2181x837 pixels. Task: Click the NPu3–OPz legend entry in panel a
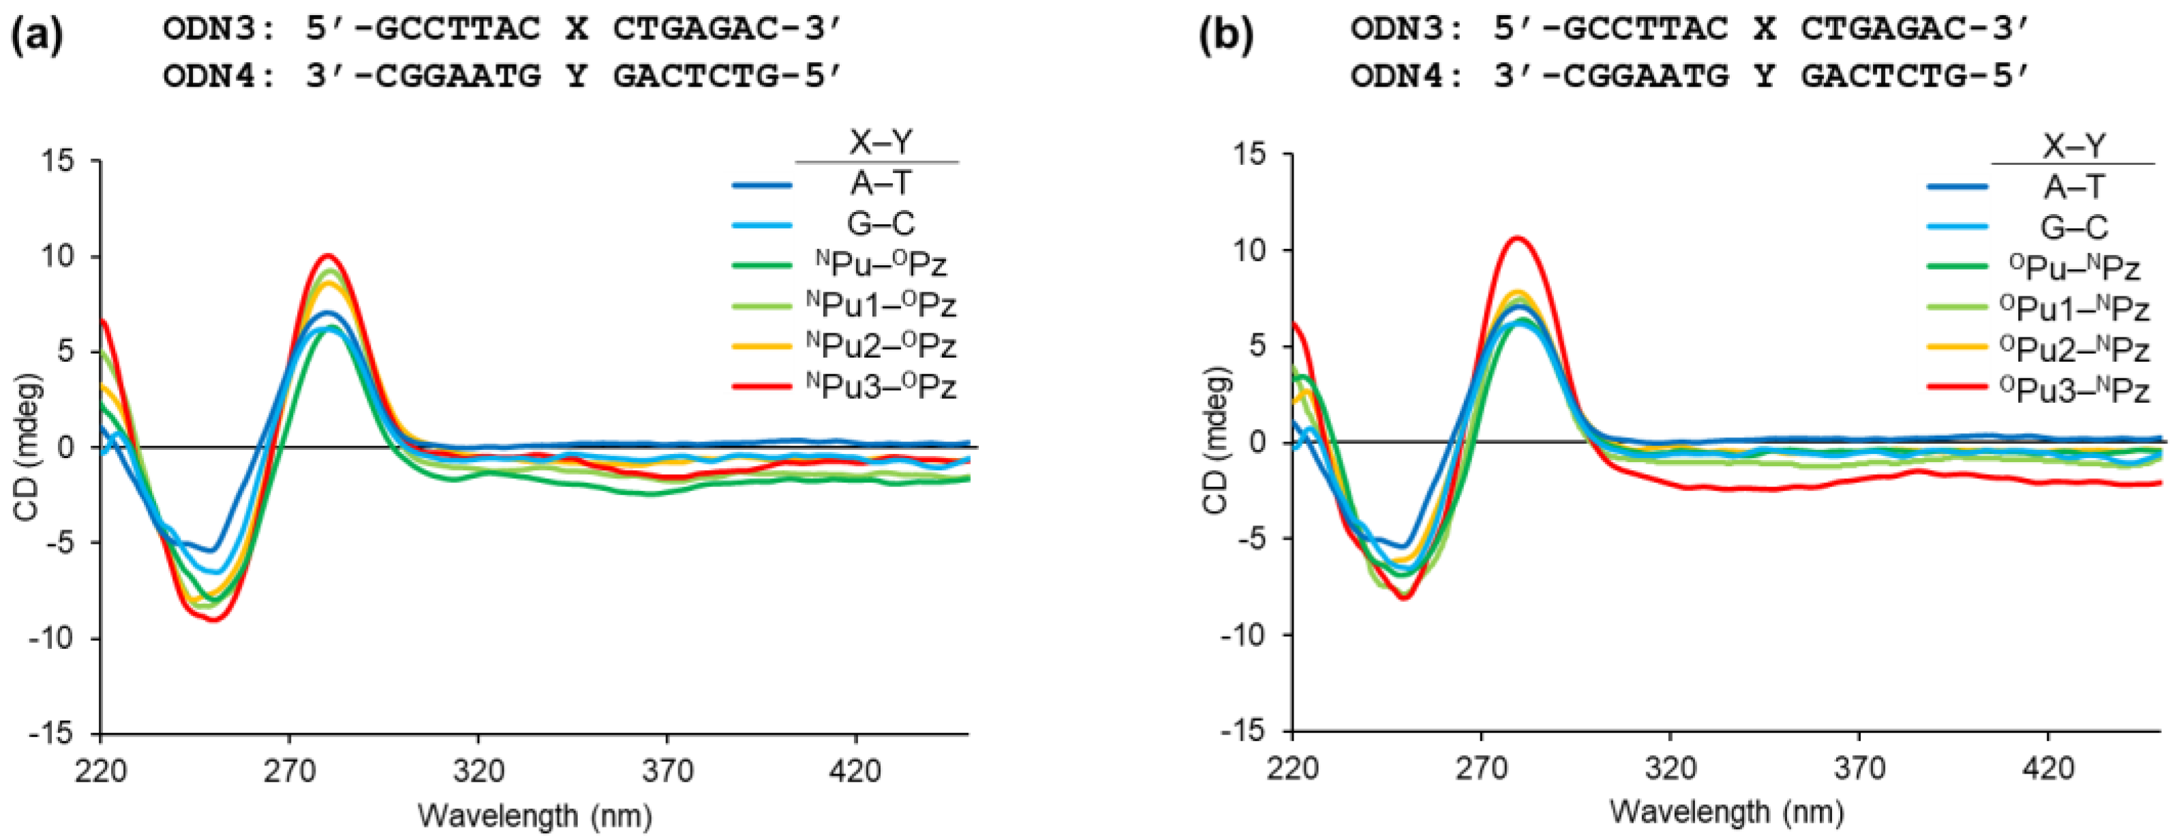click(881, 386)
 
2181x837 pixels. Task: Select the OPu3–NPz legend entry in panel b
click(2074, 391)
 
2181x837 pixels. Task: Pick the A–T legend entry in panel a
click(881, 183)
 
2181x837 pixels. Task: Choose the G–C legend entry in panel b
click(2074, 227)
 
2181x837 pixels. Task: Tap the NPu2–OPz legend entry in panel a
click(881, 346)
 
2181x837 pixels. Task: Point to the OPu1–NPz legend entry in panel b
click(2074, 309)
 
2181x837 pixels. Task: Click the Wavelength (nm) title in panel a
click(535, 816)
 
